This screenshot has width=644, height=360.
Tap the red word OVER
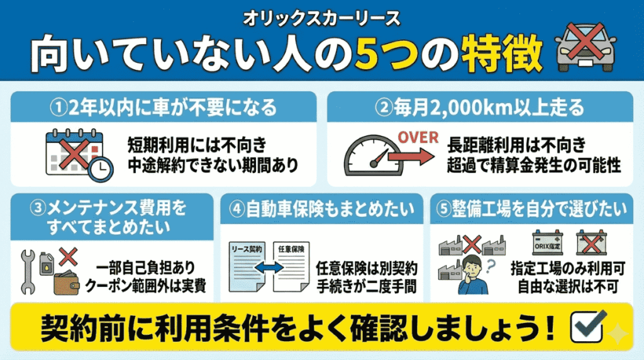416,136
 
